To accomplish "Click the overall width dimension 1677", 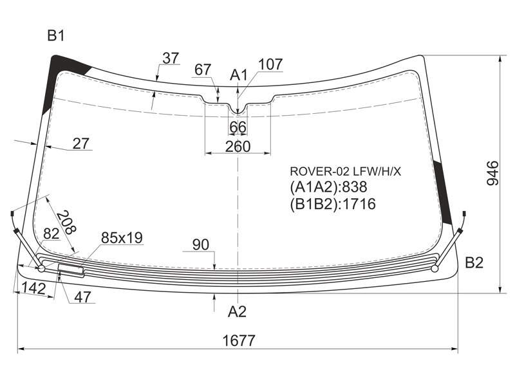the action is click(x=239, y=340).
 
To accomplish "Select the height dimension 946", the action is click(x=492, y=173).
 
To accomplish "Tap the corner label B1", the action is click(x=56, y=35).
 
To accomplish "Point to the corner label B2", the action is click(x=474, y=262).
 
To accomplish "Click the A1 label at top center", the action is click(x=238, y=75).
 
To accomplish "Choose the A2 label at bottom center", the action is click(x=237, y=311).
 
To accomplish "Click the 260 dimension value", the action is click(x=238, y=147).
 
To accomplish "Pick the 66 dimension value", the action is click(x=238, y=127).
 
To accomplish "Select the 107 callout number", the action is click(x=270, y=64).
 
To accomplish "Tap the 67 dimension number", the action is click(x=203, y=69).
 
